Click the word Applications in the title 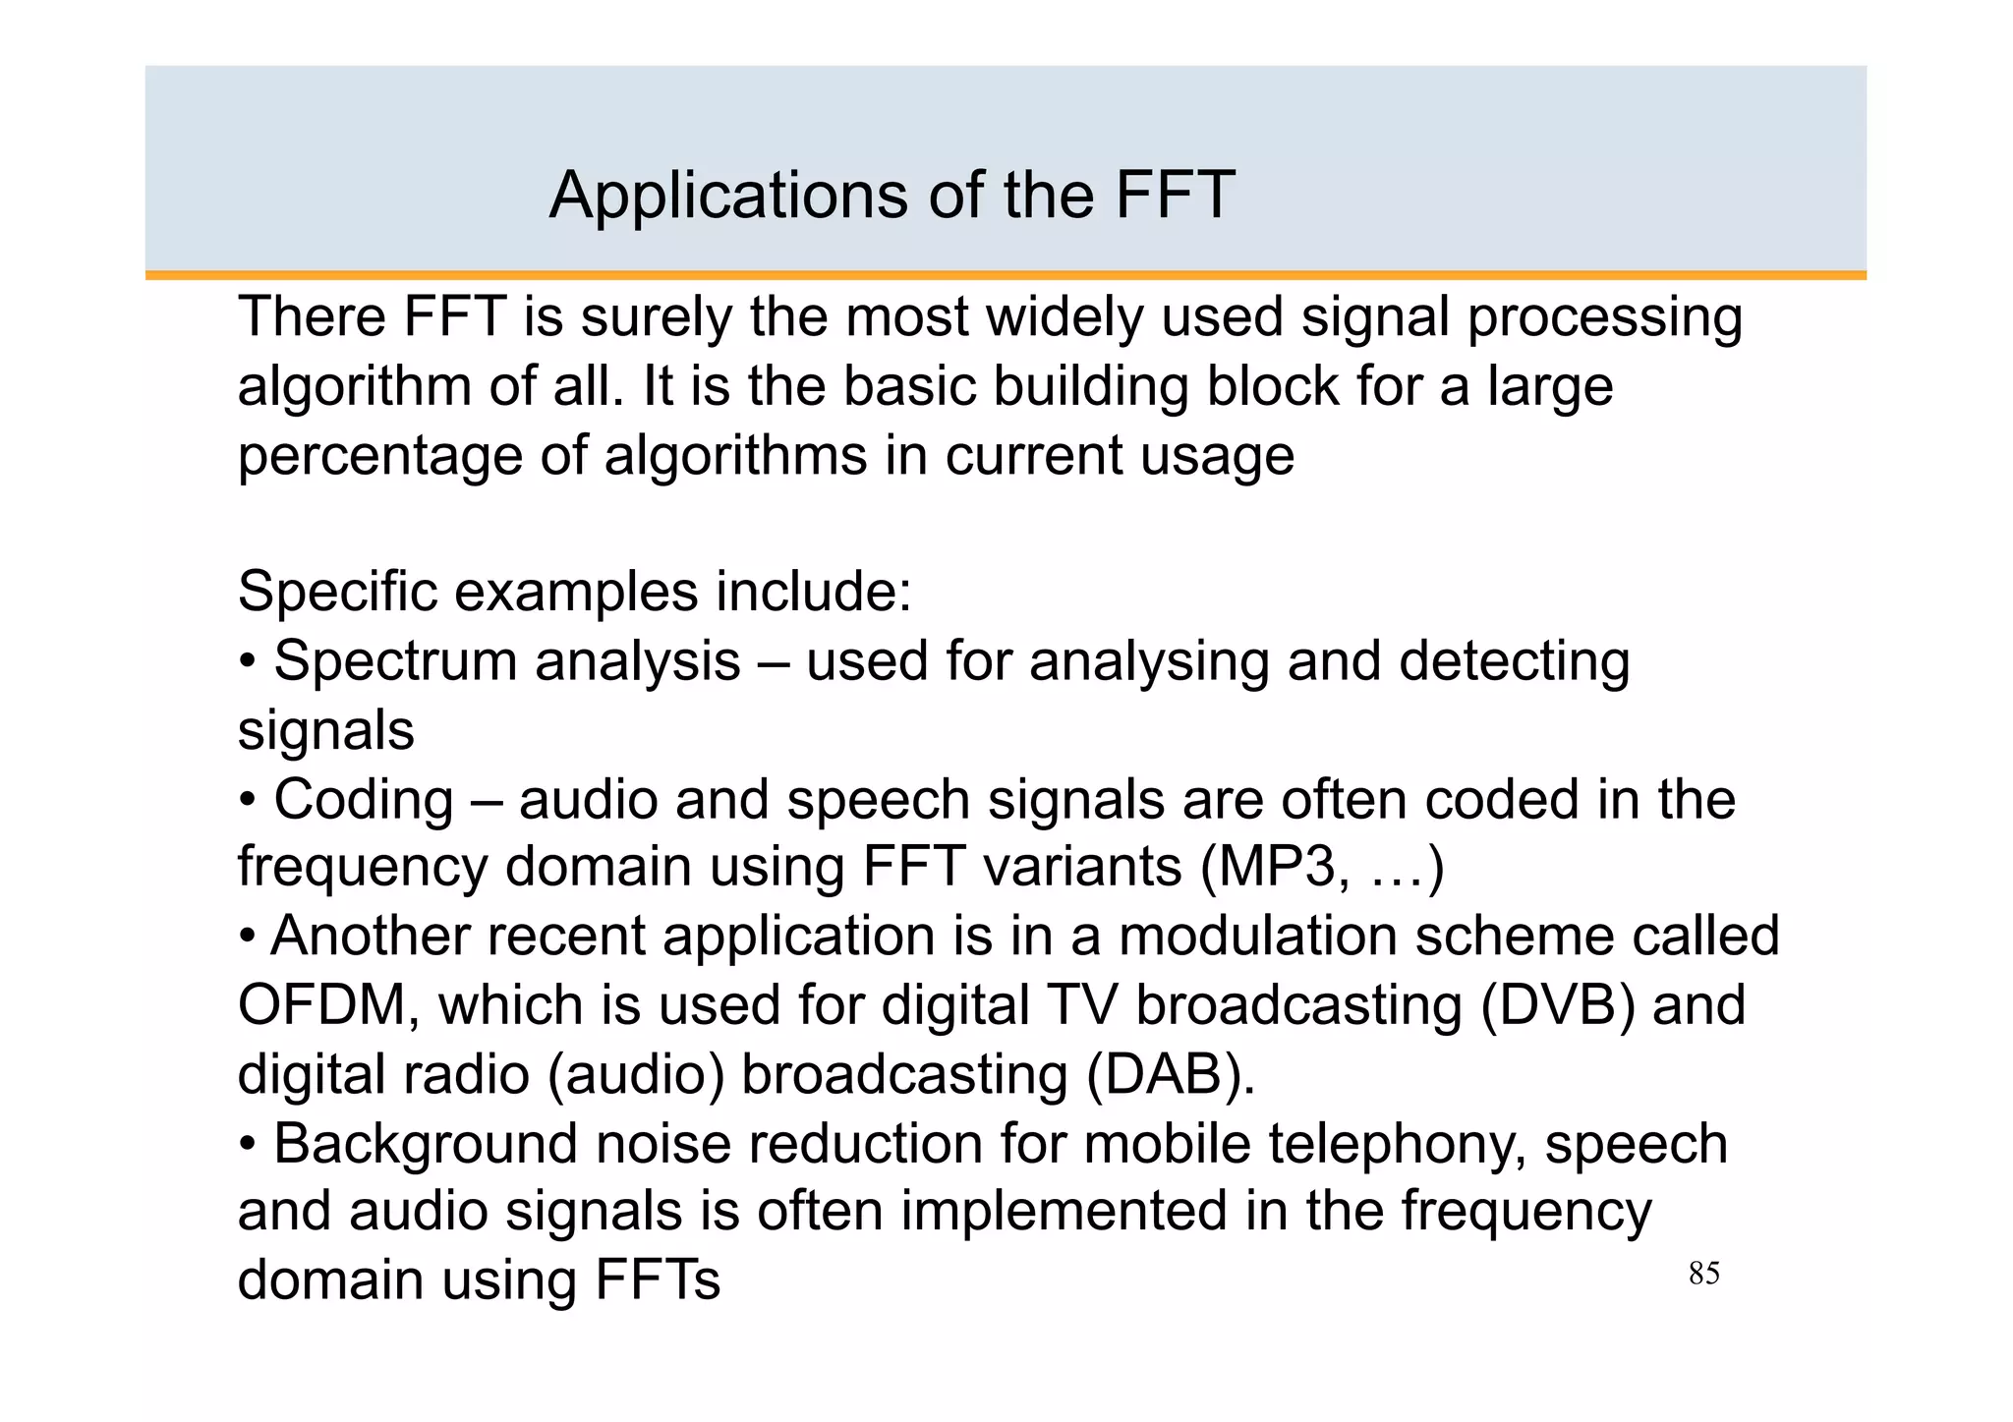[x=728, y=196]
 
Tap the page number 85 [x=1703, y=1274]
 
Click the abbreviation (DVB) [x=1557, y=1005]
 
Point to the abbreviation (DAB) [x=1171, y=1074]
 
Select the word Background [x=426, y=1144]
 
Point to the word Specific [x=336, y=592]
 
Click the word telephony [x=1397, y=1144]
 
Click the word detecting [x=1514, y=661]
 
